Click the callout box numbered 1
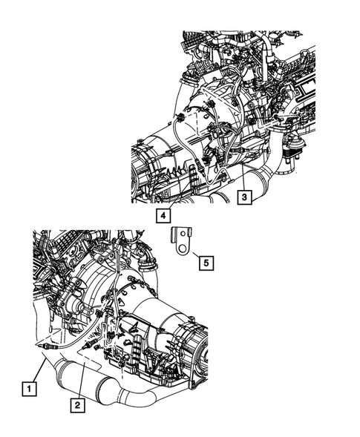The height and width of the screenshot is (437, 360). tap(28, 387)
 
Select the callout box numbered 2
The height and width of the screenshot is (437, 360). tap(76, 404)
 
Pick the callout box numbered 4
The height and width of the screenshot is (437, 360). tap(161, 216)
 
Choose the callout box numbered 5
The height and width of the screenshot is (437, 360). tap(206, 261)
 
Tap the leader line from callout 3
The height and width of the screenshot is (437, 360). tap(241, 182)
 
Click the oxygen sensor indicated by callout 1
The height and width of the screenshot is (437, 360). tap(46, 346)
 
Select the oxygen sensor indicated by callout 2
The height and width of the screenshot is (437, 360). tap(89, 346)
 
